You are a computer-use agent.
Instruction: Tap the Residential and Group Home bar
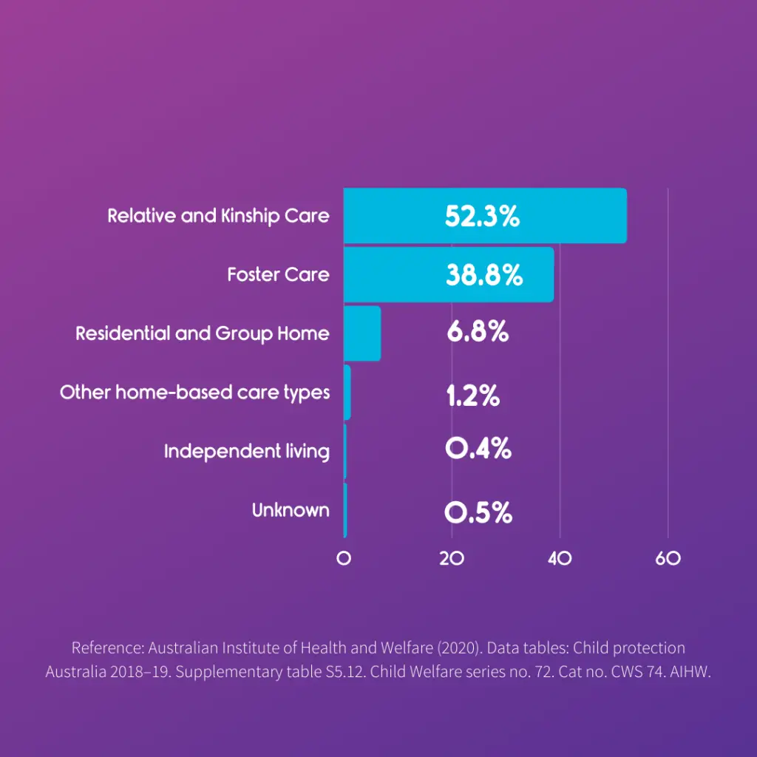tap(362, 333)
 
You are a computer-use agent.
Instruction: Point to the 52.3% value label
tap(482, 216)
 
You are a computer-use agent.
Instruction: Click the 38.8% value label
tap(484, 275)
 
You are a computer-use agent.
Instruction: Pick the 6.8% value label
tap(478, 332)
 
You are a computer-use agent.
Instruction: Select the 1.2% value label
tap(473, 396)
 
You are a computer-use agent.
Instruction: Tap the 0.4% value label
tap(478, 449)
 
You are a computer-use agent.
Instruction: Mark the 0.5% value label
tap(478, 512)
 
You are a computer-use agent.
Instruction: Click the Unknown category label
tap(291, 510)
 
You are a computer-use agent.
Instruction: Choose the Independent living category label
tap(246, 451)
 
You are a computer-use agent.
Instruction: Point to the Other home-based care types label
tap(194, 392)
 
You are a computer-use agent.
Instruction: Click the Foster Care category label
tap(278, 274)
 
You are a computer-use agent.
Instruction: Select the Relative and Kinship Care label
tap(218, 216)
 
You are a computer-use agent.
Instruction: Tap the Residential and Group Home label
tap(202, 333)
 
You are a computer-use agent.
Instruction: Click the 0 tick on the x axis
tap(344, 559)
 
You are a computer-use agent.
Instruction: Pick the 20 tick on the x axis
tap(452, 559)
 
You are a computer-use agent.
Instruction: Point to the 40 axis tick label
tap(560, 559)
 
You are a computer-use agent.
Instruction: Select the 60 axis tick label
tap(668, 559)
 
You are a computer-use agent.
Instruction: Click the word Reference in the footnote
tap(106, 648)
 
